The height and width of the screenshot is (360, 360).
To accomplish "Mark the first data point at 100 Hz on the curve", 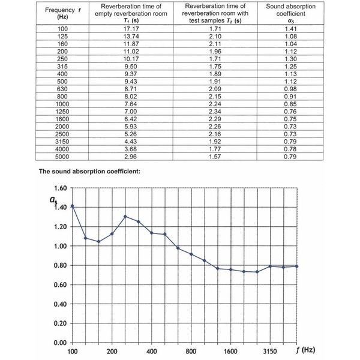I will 73,206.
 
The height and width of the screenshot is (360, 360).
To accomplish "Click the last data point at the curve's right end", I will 297,266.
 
